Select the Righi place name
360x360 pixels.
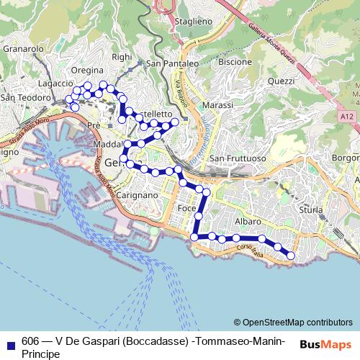[122, 57]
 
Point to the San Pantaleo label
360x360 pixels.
[172, 63]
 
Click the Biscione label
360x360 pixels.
[235, 62]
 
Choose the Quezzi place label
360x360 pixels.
[282, 81]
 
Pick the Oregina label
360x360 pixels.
[88, 71]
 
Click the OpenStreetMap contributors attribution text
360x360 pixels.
[297, 322]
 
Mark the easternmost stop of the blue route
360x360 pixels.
[291, 255]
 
